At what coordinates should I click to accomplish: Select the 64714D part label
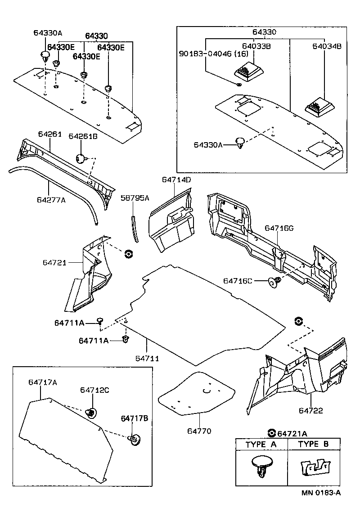pos(176,180)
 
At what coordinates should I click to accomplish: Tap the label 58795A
pos(135,198)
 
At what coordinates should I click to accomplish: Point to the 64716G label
pos(279,228)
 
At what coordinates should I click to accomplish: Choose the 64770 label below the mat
pos(199,431)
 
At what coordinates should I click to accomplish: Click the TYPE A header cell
pos(261,444)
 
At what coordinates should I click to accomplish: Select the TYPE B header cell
pos(314,444)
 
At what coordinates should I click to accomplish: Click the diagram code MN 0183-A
pos(321,493)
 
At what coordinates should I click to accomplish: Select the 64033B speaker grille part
pos(249,71)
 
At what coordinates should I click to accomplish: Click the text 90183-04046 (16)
pos(208,53)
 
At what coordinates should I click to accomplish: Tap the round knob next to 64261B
pos(81,158)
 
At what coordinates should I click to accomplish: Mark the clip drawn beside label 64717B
pos(134,439)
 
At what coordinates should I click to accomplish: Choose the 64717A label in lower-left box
pos(43,382)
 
